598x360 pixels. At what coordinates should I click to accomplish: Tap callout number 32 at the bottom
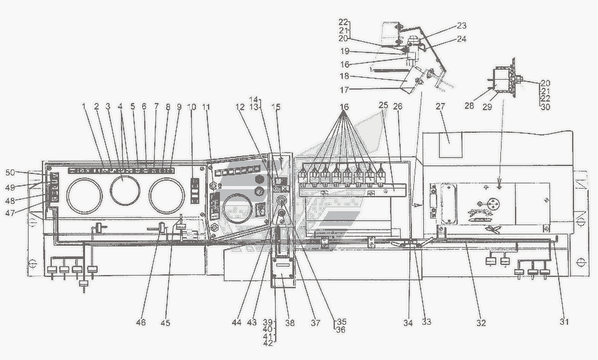point(481,323)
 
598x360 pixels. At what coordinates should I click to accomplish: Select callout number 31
point(563,323)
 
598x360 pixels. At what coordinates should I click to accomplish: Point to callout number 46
point(140,323)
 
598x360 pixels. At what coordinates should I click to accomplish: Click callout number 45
point(165,323)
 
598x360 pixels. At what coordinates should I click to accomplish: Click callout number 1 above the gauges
point(84,107)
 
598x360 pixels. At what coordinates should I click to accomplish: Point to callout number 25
point(383,107)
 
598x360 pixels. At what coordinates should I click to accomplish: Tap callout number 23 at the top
point(461,27)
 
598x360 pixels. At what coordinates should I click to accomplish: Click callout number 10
point(191,107)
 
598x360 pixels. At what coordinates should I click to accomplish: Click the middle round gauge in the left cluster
point(123,191)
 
